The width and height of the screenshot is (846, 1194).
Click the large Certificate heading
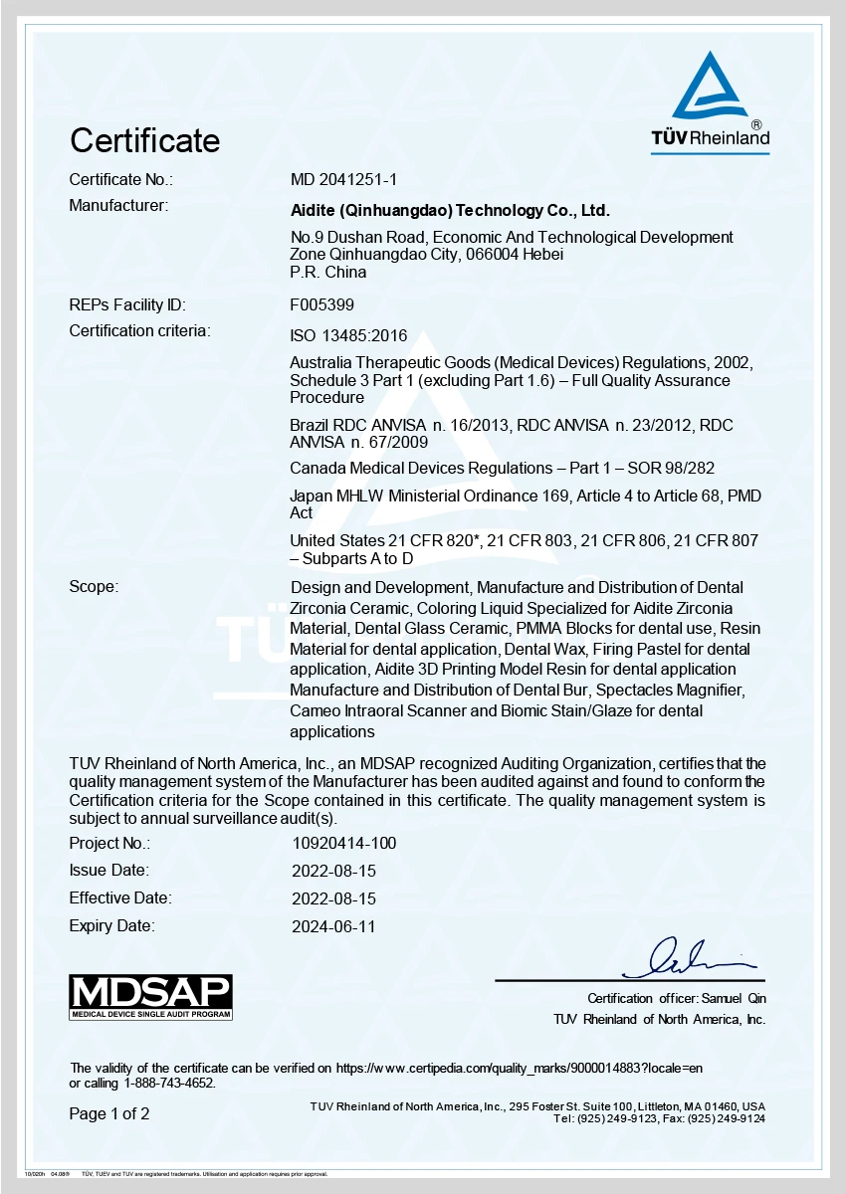(x=144, y=140)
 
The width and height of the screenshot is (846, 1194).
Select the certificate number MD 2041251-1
(x=343, y=180)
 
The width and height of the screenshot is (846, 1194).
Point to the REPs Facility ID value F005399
(x=321, y=305)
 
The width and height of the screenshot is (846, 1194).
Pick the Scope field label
(x=93, y=587)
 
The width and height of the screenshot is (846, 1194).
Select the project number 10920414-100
(x=343, y=844)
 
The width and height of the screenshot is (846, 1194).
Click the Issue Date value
(x=333, y=871)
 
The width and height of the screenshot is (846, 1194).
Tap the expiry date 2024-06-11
(x=333, y=926)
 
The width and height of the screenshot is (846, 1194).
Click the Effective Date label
(x=119, y=898)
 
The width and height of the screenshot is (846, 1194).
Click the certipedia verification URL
(x=520, y=1068)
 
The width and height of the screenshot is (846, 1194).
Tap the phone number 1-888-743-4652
(x=169, y=1083)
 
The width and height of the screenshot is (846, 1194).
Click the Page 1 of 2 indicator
(x=108, y=1114)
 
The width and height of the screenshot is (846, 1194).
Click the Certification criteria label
(x=139, y=331)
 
